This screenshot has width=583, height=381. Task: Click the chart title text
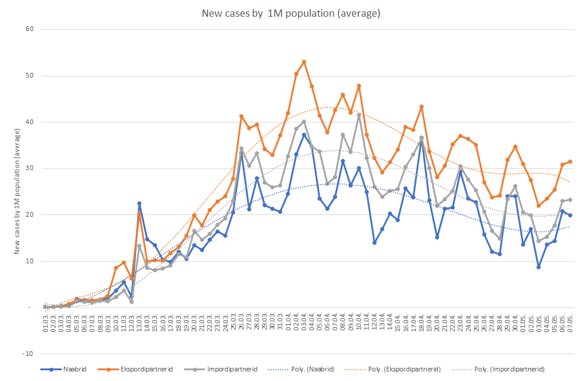click(x=291, y=13)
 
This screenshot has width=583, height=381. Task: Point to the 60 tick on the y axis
click(x=29, y=29)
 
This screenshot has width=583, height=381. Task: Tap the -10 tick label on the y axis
click(x=27, y=354)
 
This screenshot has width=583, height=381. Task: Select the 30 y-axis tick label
click(x=29, y=168)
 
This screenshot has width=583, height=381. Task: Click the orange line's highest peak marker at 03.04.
click(x=304, y=62)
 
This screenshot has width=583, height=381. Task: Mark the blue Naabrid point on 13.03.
click(x=139, y=204)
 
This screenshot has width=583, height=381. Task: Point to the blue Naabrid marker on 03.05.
click(x=539, y=267)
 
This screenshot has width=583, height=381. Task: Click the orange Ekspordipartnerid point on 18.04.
click(x=421, y=107)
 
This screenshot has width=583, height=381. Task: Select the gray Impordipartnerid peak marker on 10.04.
click(x=359, y=115)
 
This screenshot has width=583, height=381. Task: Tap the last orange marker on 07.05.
click(x=570, y=161)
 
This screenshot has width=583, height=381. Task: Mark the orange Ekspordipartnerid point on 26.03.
click(x=241, y=116)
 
